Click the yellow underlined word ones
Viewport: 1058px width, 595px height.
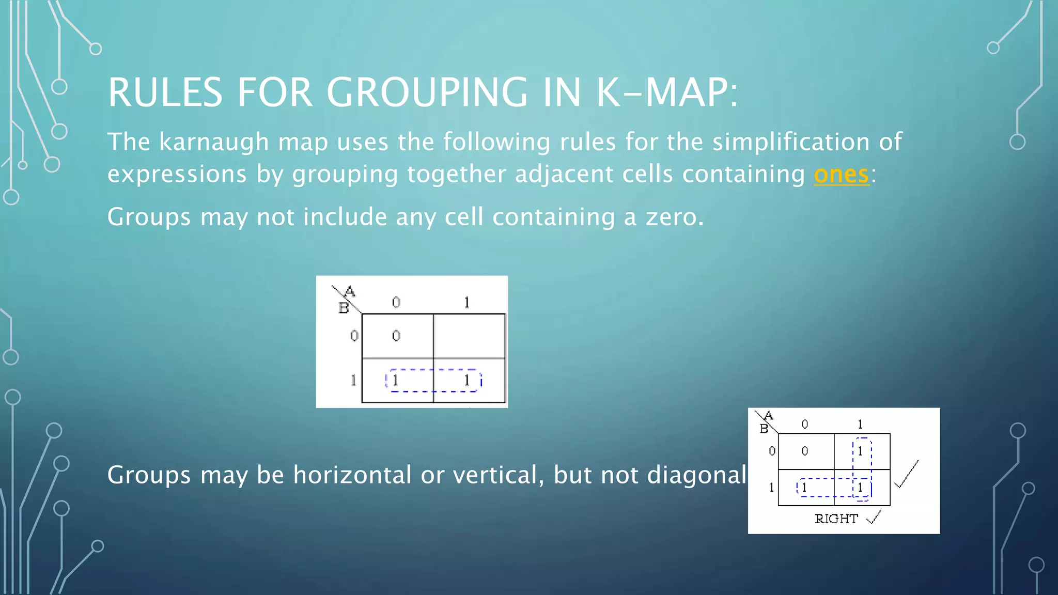coord(841,175)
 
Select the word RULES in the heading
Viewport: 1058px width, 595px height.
coord(165,93)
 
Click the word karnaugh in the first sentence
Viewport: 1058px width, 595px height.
coord(214,142)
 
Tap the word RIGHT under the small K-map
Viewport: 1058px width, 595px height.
coord(836,519)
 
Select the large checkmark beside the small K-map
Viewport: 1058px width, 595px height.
coord(907,474)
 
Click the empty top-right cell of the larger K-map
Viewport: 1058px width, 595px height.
coord(469,336)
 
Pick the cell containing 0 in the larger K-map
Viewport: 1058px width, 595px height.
coord(396,336)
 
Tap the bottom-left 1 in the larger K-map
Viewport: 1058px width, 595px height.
coord(396,381)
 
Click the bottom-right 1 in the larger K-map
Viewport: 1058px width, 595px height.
coord(467,381)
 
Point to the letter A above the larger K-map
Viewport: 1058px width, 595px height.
coord(350,292)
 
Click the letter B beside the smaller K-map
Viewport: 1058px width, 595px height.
coord(764,429)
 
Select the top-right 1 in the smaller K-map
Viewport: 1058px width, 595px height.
coord(860,451)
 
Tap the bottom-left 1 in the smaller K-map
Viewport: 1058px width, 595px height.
coord(804,487)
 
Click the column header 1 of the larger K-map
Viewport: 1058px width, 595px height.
coord(467,302)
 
